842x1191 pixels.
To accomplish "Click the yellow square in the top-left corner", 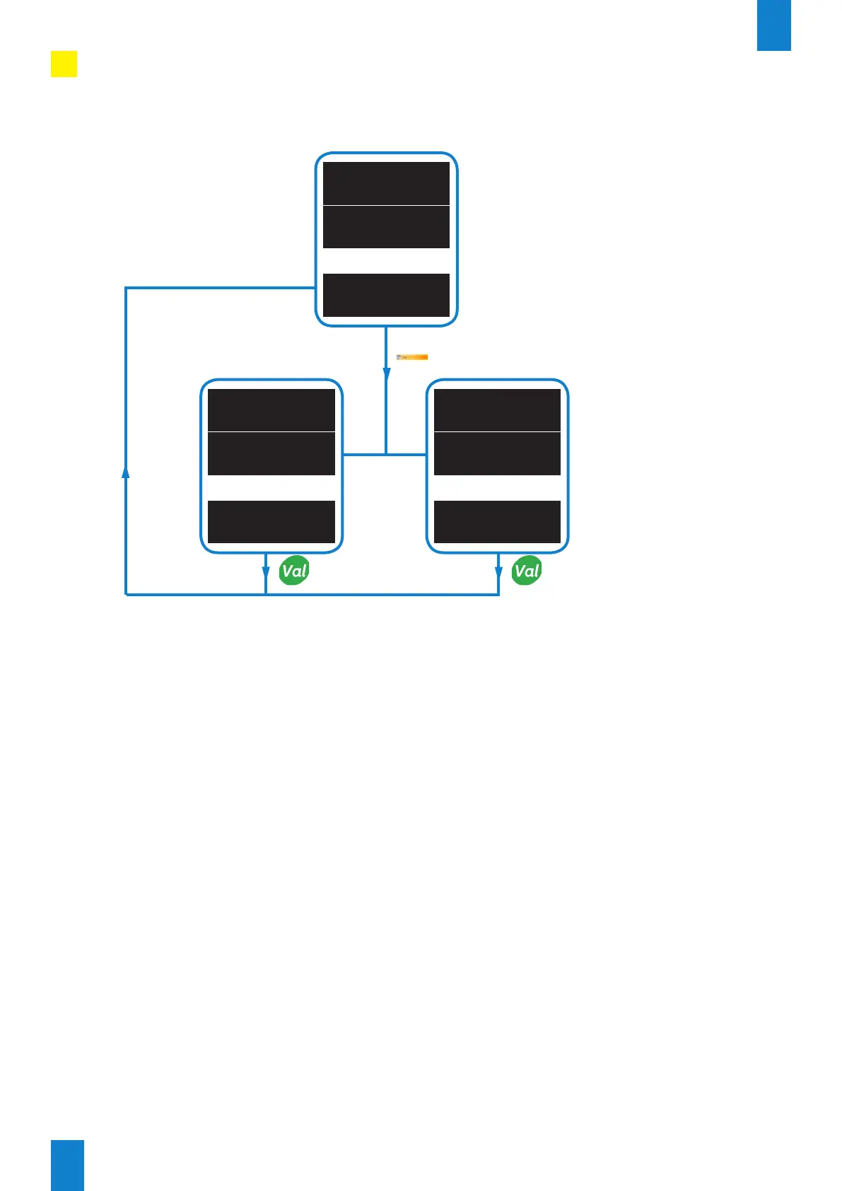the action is point(64,64).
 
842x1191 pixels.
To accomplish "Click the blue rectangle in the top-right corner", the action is point(773,25).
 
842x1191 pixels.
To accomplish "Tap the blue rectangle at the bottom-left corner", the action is point(67,1165).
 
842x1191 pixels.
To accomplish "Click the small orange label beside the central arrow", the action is point(412,357).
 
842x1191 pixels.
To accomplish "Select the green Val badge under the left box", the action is point(294,571).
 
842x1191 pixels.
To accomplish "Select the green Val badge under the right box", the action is point(527,571).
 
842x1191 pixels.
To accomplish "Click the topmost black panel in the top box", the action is point(386,183).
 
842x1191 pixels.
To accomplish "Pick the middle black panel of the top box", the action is point(386,227).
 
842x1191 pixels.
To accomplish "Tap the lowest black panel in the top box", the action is point(386,295).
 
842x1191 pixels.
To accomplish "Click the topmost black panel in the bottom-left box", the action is point(271,409).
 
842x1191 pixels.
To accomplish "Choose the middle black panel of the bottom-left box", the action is point(271,453).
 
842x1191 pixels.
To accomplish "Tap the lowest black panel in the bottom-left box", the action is point(271,522).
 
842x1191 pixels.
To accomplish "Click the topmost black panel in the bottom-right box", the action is point(497,409).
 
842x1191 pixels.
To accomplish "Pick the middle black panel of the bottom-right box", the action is point(497,453).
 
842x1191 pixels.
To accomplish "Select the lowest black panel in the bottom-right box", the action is point(497,522).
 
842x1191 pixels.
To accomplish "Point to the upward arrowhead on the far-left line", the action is point(126,472).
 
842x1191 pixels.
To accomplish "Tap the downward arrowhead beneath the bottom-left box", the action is point(266,572).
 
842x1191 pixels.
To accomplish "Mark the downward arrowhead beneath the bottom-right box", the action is point(498,572).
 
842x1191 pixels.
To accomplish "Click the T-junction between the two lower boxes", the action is point(386,454).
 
